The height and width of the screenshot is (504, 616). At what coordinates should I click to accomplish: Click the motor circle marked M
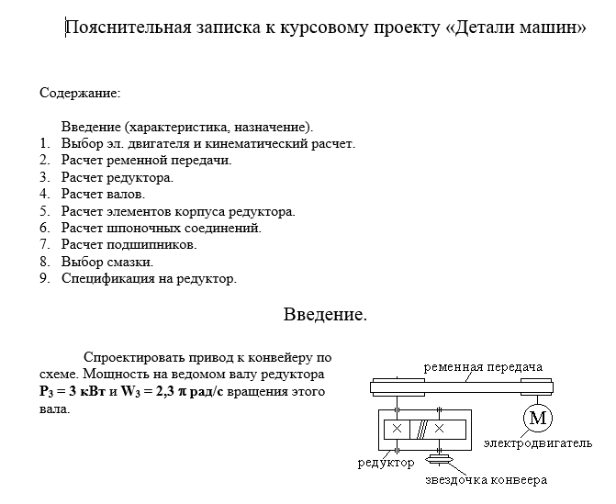537,419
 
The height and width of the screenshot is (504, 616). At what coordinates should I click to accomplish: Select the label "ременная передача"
482,366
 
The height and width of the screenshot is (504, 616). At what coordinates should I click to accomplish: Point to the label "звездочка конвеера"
486,480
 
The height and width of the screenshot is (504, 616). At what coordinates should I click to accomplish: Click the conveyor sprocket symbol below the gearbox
440,459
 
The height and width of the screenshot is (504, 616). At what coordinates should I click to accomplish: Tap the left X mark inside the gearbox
397,428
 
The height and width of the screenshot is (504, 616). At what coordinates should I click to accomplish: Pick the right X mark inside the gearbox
440,428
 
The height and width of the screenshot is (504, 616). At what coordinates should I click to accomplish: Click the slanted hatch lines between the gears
419,428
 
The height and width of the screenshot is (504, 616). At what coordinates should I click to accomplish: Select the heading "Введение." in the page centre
325,315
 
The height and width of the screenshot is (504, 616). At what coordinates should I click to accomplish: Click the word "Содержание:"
81,93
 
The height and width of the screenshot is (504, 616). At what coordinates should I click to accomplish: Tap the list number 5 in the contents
44,211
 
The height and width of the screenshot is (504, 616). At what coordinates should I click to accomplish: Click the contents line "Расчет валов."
104,194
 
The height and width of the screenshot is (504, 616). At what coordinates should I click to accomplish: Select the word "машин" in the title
554,27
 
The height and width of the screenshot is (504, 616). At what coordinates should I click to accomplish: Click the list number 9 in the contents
44,278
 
